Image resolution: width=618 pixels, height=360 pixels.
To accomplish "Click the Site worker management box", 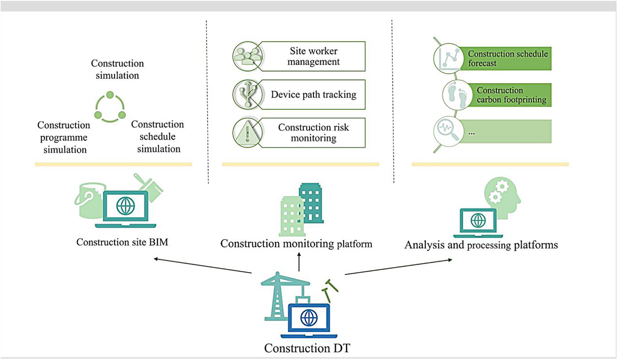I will (x=313, y=56).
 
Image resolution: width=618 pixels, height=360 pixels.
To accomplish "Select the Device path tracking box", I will (x=313, y=94).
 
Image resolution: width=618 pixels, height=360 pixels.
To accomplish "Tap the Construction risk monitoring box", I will (x=313, y=133).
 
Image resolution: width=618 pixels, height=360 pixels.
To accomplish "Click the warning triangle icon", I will (x=247, y=133).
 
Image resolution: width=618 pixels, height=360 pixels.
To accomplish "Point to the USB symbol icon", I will (x=248, y=94).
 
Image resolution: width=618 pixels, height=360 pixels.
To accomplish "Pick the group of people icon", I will (x=248, y=56).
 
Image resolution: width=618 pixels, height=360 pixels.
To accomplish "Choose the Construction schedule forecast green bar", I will (x=506, y=58).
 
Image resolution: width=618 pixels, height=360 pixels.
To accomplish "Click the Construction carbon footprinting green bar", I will (x=511, y=95).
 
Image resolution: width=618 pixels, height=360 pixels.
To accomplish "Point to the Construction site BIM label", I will (x=122, y=242).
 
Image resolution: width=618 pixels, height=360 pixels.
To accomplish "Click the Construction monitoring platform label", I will (x=296, y=244).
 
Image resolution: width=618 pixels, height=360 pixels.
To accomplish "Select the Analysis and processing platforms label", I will (x=481, y=245).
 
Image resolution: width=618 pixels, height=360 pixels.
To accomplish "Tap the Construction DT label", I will (x=307, y=348).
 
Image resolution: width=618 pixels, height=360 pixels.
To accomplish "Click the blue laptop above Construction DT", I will (x=309, y=320).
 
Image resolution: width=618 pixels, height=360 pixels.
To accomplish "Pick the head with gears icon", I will (x=502, y=196).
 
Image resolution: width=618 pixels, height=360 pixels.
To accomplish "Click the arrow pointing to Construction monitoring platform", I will (x=299, y=262).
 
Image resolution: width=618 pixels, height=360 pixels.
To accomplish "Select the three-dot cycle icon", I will (x=110, y=107).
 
